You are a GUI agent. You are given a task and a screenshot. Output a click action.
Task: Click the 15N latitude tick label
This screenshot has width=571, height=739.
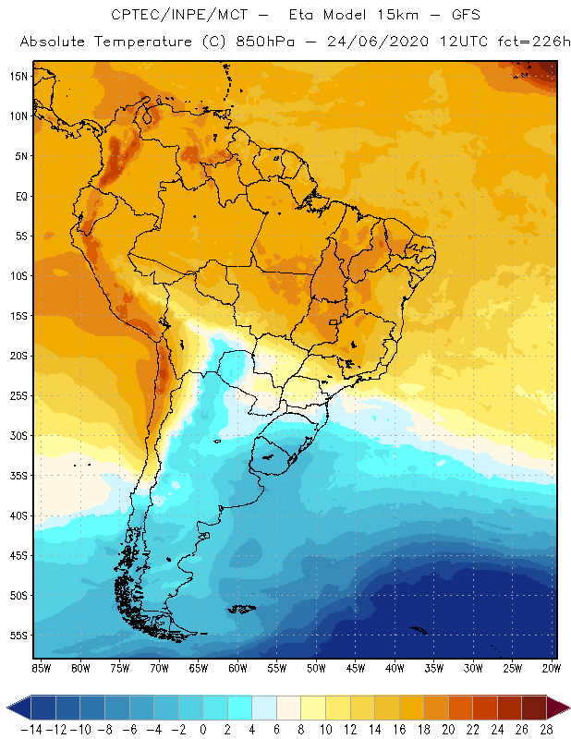click(18, 76)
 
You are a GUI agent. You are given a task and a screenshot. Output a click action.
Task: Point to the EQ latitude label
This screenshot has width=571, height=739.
click(19, 196)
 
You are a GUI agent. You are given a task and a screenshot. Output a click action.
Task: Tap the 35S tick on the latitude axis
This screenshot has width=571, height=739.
click(18, 476)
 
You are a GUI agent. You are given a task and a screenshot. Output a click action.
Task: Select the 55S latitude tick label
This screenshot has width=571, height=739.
click(18, 636)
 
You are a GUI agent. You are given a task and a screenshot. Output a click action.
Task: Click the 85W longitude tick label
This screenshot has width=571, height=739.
click(41, 668)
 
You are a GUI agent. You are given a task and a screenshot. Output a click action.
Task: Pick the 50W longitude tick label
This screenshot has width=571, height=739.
click(316, 668)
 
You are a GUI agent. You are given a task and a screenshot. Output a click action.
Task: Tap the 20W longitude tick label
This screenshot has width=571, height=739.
click(552, 668)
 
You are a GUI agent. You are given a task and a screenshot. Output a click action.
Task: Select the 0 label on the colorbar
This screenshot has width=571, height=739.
click(203, 729)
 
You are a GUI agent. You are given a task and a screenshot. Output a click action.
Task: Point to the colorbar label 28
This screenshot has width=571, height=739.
click(546, 729)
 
